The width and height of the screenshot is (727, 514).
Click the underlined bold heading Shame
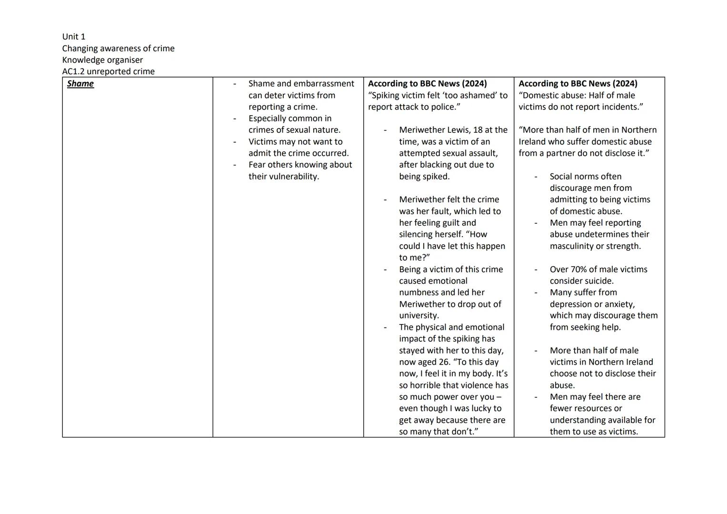(80, 84)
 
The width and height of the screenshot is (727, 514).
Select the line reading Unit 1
(74, 37)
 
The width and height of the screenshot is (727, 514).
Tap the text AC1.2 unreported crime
(108, 71)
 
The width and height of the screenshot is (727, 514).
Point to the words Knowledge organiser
(102, 60)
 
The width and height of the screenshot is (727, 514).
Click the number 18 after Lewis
(478, 130)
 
